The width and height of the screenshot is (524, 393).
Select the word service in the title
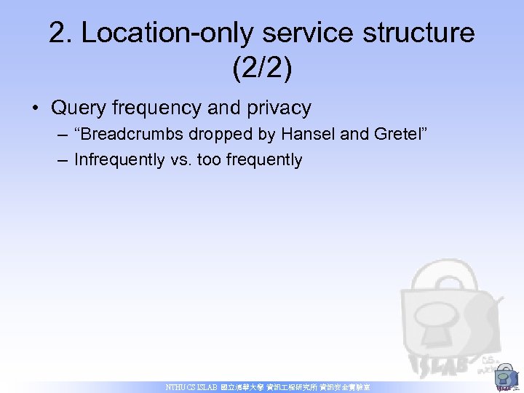pos(290,33)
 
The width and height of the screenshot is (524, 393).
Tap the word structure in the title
pos(411,33)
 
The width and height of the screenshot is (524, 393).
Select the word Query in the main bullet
pos(79,108)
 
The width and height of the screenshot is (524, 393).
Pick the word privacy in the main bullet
pos(279,108)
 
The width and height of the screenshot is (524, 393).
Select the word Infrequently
pos(119,160)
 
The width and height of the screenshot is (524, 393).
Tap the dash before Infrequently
pos(61,160)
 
